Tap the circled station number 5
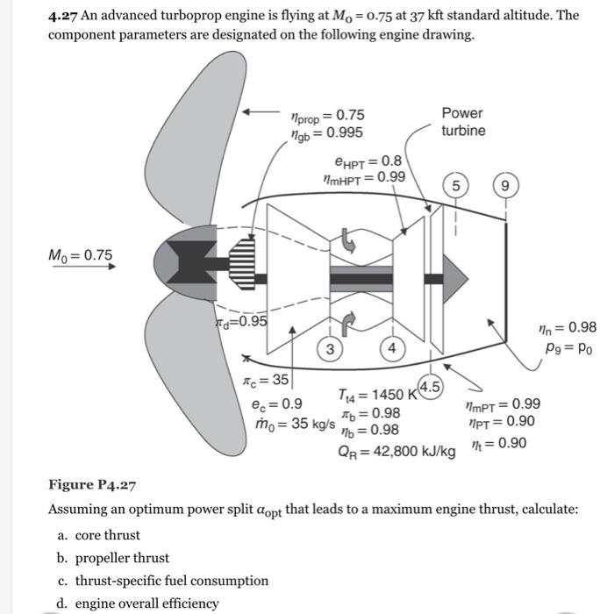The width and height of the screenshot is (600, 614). point(455,185)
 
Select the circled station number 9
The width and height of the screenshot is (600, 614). point(504,185)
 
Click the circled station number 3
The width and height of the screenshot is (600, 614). point(330,348)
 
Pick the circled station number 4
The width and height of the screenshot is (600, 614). point(392,348)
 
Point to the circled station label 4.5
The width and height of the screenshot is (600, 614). point(431,387)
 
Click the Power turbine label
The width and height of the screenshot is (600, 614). point(461,121)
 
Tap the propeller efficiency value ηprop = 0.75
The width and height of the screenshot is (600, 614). point(326,116)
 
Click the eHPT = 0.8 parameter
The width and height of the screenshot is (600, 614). point(368,161)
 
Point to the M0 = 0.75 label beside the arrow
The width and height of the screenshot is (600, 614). point(81,254)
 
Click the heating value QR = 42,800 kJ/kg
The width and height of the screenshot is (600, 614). point(397,452)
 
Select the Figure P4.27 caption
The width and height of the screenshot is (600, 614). point(92,485)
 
